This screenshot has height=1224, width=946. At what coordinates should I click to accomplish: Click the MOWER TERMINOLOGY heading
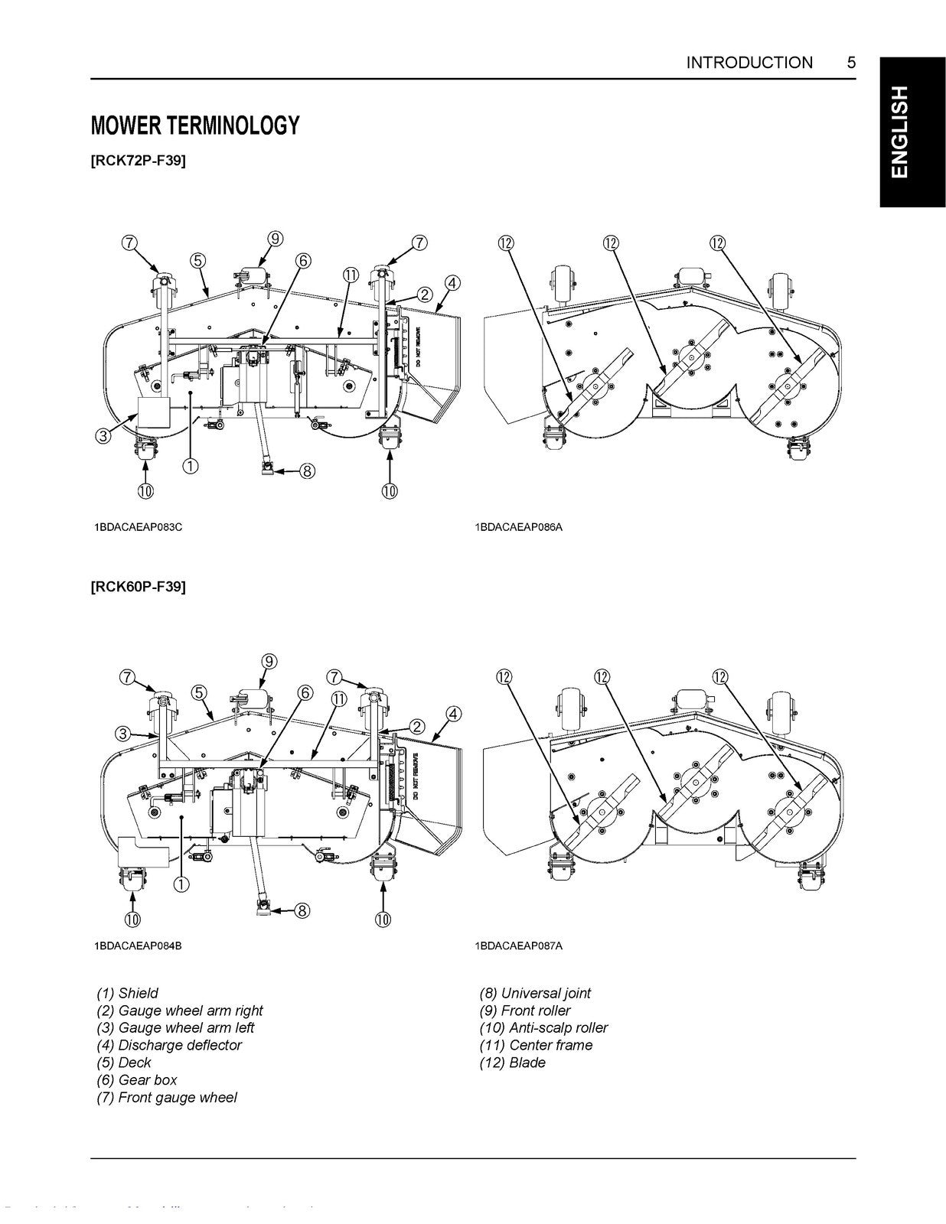194,125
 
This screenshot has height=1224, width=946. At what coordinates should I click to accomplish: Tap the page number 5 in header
851,63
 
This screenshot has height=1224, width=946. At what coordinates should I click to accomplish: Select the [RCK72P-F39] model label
138,161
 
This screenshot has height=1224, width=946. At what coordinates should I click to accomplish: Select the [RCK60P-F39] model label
138,587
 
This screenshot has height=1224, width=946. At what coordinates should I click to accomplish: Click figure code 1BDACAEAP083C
138,527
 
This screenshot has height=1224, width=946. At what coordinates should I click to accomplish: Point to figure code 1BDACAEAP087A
518,946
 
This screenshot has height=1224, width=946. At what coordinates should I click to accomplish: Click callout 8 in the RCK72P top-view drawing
306,471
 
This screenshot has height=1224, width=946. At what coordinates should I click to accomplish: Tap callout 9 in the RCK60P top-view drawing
269,661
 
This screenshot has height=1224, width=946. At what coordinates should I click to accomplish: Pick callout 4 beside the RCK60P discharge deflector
453,714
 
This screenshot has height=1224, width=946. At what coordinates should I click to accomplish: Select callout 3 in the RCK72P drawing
103,437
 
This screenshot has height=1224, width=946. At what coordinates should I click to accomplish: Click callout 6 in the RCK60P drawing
305,693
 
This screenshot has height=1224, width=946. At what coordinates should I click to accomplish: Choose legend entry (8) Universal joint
535,993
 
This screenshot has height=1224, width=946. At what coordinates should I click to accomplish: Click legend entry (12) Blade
512,1063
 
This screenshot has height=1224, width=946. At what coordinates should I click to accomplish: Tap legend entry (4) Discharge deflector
168,1045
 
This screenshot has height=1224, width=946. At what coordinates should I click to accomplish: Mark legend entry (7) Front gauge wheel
166,1097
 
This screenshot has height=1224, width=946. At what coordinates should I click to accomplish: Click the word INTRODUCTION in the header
749,63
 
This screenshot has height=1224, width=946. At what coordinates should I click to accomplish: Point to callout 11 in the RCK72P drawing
351,275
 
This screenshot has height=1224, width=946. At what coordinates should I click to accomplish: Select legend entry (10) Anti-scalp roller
543,1028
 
